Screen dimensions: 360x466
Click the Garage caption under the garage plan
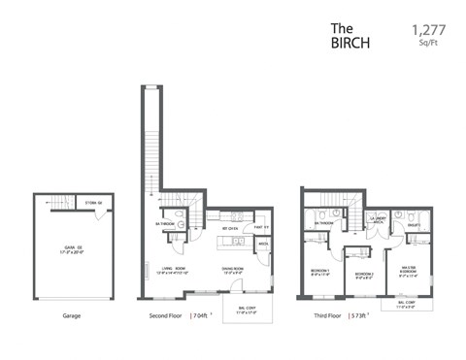point(72,315)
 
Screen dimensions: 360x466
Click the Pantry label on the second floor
point(261,229)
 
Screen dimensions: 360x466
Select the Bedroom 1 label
point(320,271)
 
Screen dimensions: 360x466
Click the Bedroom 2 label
point(364,275)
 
